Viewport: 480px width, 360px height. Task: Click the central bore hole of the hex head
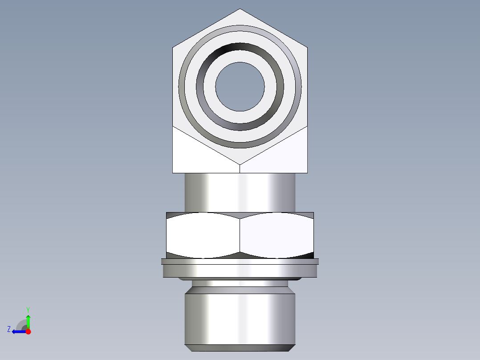pos(240,86)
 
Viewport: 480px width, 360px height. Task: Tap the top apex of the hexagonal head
pos(240,9)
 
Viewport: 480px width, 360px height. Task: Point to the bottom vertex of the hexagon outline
pos(240,164)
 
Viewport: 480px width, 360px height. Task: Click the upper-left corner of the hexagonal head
pos(173,47)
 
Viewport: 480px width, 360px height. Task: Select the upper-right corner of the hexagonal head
pos(307,47)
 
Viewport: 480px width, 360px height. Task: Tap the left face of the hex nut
pos(203,235)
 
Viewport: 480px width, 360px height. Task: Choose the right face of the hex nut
pos(277,235)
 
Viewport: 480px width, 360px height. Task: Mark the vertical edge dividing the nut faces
pos(240,235)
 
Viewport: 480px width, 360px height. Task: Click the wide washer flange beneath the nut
pos(240,270)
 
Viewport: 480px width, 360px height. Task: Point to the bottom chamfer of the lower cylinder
pos(240,348)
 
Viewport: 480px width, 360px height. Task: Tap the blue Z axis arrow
pos(18,331)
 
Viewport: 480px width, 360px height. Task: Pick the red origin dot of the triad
pos(28,331)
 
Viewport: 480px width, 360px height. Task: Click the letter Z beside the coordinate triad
pos(9,329)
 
